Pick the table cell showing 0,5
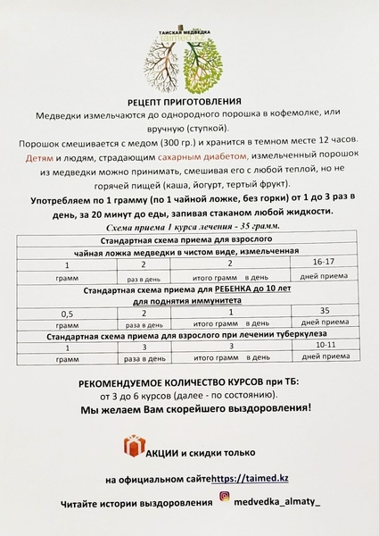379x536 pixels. point(66,313)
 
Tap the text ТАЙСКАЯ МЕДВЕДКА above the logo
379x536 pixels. point(186,29)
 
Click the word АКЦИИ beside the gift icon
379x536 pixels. point(168,449)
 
